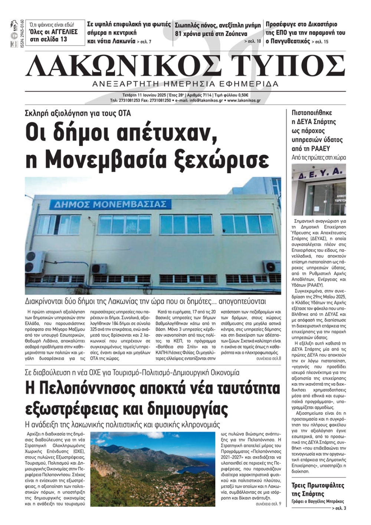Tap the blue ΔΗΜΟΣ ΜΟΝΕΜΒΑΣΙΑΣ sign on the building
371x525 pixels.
[110, 204]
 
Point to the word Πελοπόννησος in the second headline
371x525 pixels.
[86, 389]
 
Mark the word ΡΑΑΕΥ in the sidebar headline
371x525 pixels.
[329, 149]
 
